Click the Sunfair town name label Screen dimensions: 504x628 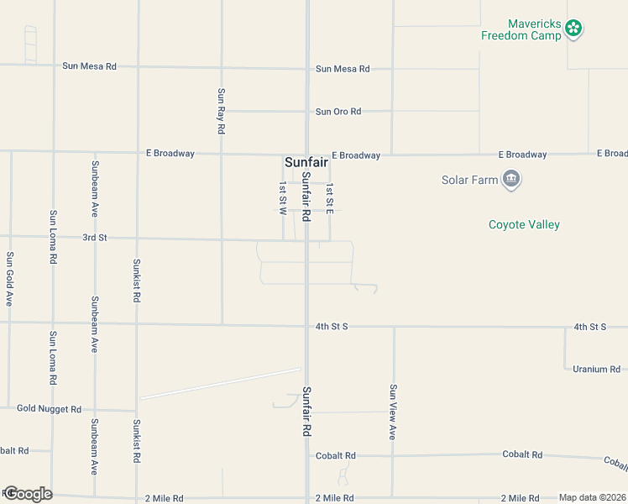[306, 162]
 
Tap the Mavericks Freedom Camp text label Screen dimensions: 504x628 [521, 29]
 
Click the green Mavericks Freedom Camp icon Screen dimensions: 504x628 [574, 29]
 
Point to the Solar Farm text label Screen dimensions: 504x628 [468, 180]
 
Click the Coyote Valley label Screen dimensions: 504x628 [524, 224]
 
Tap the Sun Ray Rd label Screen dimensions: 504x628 [221, 112]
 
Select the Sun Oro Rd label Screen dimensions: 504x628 [338, 112]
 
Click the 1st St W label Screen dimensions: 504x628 [283, 197]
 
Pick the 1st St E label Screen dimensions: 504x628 [330, 197]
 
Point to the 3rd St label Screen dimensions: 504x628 [95, 238]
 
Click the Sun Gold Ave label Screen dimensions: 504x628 [9, 278]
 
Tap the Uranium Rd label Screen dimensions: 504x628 [596, 369]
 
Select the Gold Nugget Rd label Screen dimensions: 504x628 [49, 409]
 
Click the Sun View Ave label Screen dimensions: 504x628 [392, 412]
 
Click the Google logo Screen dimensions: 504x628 [27, 494]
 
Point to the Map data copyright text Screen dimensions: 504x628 [592, 497]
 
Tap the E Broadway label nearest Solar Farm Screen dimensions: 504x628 [522, 155]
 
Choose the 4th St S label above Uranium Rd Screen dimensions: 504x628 [590, 326]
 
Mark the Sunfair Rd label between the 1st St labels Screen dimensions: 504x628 [306, 197]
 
